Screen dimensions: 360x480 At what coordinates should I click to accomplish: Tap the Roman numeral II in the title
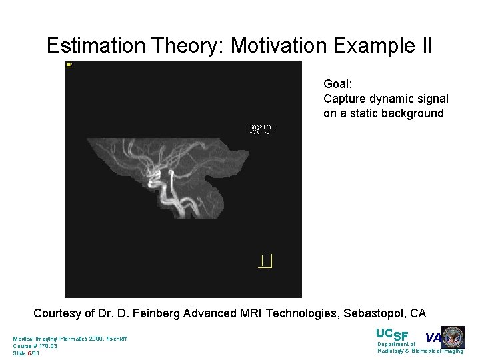click(423, 46)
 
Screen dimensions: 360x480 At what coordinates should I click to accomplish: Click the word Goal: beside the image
click(337, 84)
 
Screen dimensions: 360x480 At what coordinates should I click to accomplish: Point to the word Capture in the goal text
click(344, 99)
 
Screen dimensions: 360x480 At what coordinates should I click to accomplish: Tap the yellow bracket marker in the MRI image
click(265, 261)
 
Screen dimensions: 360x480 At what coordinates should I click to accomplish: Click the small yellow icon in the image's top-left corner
click(69, 65)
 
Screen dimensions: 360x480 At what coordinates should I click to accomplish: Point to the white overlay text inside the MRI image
click(263, 129)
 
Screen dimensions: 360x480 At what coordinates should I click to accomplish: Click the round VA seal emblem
click(453, 337)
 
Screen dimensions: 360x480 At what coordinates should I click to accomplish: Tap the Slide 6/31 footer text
click(26, 353)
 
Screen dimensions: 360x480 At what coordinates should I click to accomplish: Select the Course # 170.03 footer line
click(35, 346)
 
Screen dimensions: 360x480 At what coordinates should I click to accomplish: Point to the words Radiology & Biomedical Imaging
click(420, 351)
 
